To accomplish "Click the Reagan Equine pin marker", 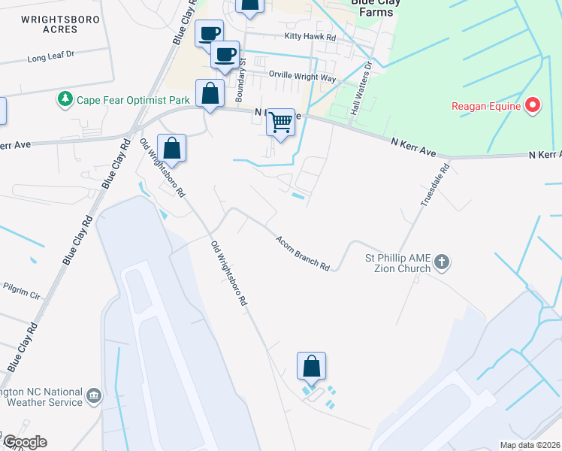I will tap(533, 105).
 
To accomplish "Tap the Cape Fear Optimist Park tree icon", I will tap(65, 98).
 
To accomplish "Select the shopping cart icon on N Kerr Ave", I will tap(281, 121).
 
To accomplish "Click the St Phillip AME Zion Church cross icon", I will tap(442, 262).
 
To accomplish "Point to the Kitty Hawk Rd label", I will tap(310, 36).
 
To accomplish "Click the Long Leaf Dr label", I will tap(52, 56).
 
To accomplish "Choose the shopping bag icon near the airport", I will tap(311, 367).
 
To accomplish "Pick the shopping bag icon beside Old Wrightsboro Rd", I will tap(172, 148).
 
